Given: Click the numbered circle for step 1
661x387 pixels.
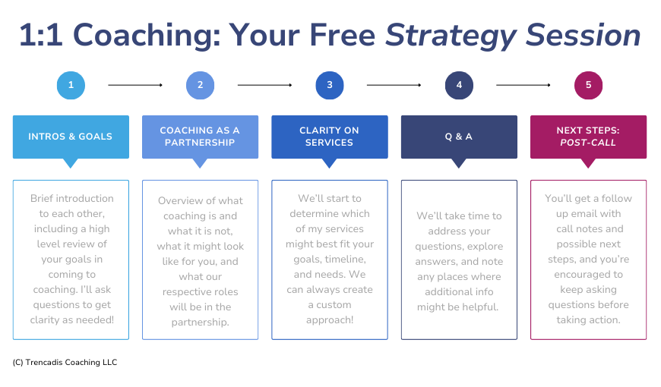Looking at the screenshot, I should [71, 85].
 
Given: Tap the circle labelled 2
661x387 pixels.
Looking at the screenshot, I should [200, 85].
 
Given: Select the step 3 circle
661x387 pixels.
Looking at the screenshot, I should [330, 85].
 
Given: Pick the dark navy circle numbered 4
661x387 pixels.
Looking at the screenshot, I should [459, 85].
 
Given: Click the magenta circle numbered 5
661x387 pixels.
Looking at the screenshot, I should [588, 85].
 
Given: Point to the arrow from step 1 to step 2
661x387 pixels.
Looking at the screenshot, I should [135, 85].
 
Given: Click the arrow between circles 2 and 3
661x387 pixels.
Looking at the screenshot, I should [264, 85].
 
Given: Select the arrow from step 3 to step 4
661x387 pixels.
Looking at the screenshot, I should [394, 85].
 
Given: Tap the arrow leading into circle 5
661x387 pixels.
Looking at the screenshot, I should [523, 85].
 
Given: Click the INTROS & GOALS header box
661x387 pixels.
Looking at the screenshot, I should [71, 137].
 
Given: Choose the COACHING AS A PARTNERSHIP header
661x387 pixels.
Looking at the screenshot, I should [200, 137].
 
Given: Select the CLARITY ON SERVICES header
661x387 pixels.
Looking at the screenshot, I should [330, 137].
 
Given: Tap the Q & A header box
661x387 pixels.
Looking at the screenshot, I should [459, 137].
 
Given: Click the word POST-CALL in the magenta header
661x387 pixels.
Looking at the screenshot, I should [588, 143].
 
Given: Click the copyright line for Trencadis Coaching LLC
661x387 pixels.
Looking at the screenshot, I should [65, 363].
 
